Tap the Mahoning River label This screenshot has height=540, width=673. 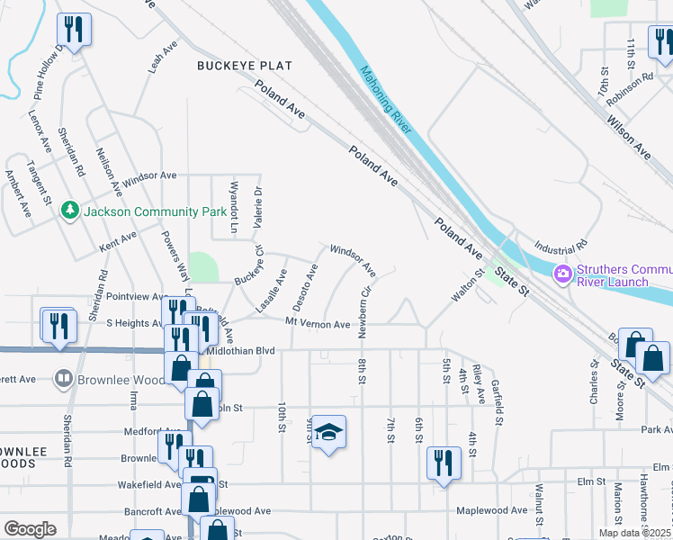[385, 100]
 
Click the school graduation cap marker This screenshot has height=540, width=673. [328, 434]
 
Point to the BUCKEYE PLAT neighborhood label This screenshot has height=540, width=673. [246, 66]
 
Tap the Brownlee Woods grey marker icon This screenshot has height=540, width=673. [63, 379]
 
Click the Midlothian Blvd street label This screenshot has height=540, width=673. [239, 352]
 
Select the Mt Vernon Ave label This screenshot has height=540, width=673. [318, 323]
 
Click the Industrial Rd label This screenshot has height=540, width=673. [560, 247]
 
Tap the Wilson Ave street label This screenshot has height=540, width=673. [628, 135]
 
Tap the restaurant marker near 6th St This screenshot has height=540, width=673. [441, 463]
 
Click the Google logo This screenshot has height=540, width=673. [30, 529]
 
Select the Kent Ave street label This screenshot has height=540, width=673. [118, 240]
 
